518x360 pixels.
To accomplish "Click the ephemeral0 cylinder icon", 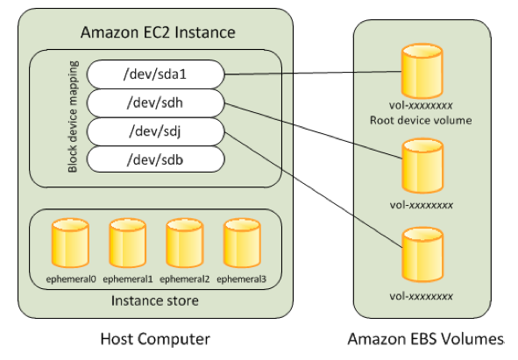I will tap(69, 244).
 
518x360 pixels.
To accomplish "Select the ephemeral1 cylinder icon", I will tap(127, 244).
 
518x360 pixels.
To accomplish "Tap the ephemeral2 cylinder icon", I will tap(185, 244).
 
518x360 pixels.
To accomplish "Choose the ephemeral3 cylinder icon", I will tap(242, 244).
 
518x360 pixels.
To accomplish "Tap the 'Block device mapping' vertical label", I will tap(74, 117).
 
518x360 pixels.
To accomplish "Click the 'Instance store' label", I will tap(154, 301).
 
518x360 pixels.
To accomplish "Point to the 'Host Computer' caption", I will tap(155, 339).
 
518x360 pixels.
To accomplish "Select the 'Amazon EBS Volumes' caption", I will tap(426, 339).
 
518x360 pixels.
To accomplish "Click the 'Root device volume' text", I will tap(422, 120).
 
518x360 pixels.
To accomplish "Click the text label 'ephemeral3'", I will tap(242, 279).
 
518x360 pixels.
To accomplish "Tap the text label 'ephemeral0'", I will tap(69, 279).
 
